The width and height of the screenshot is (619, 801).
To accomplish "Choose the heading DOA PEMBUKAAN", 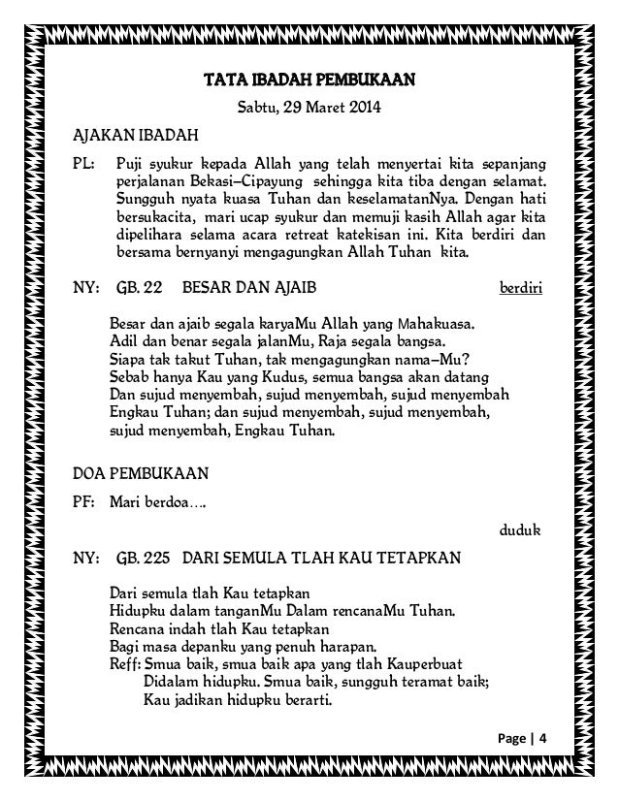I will (x=141, y=474).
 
